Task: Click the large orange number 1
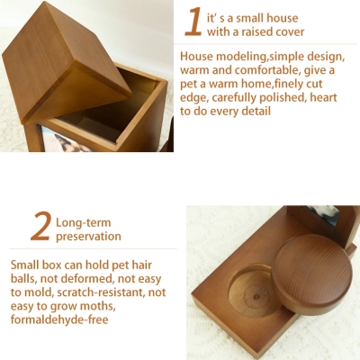click(x=193, y=22)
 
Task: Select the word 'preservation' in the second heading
click(x=88, y=237)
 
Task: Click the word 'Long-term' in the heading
click(x=85, y=221)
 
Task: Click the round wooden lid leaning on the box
click(x=312, y=274)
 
